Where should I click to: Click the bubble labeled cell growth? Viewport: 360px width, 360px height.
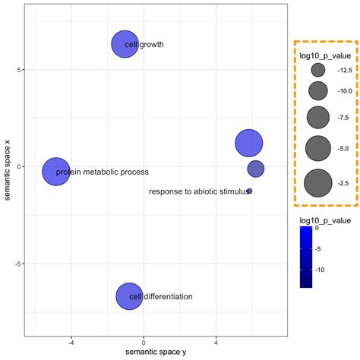(x=125, y=44)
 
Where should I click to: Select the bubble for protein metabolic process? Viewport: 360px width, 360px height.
(x=55, y=172)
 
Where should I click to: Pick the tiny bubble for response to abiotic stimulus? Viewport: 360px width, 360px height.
(x=249, y=191)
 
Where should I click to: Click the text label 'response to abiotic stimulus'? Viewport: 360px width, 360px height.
(x=197, y=192)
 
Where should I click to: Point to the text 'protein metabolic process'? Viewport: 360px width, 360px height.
(x=103, y=172)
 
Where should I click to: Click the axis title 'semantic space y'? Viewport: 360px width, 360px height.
(x=156, y=353)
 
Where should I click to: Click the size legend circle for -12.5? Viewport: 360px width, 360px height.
(x=317, y=70)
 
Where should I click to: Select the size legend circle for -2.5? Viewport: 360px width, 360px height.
(x=317, y=183)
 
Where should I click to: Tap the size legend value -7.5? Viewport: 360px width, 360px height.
(x=344, y=118)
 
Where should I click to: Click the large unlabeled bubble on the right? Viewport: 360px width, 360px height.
(x=249, y=142)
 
